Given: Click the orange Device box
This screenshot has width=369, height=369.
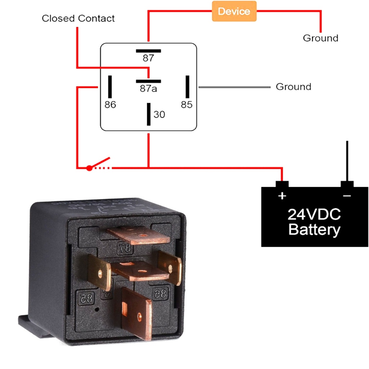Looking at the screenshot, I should (234, 11).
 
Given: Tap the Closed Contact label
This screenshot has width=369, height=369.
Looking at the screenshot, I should (78, 18).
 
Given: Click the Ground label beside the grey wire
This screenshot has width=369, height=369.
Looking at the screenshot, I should (293, 87).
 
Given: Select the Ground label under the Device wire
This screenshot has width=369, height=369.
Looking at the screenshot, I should (320, 38).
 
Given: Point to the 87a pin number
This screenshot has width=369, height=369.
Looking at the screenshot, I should (148, 88).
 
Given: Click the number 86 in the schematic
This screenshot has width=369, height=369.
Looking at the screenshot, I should (110, 105).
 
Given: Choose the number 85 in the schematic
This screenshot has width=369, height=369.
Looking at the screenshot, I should (187, 105).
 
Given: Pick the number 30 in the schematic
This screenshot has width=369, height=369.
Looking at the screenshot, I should (159, 115).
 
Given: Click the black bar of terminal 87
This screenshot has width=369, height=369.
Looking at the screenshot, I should (148, 51).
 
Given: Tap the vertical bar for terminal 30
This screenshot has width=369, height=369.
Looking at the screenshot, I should (148, 114).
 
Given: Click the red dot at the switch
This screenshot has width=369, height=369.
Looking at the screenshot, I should (89, 168).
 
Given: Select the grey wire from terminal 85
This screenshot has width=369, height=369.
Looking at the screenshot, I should (234, 87).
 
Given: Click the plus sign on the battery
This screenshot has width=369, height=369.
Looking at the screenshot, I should (282, 196).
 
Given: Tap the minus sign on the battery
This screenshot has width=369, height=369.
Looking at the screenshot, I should (347, 196).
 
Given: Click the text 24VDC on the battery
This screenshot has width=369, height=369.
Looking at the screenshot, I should (314, 215).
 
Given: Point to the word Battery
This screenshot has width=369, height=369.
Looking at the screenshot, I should (314, 230).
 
